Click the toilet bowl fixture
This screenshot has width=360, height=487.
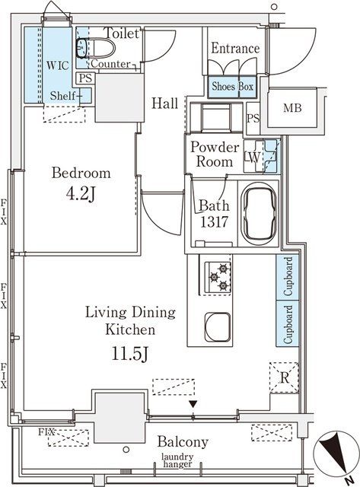click(98, 48)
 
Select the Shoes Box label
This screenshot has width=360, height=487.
click(233, 87)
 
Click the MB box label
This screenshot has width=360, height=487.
click(292, 108)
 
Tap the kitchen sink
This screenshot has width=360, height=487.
click(218, 325)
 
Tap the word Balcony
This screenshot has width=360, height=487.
click(183, 442)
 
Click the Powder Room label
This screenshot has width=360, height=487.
click(215, 154)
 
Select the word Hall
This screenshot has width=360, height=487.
click(164, 103)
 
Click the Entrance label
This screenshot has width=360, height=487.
click(235, 49)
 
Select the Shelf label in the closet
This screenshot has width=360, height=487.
click(63, 95)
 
